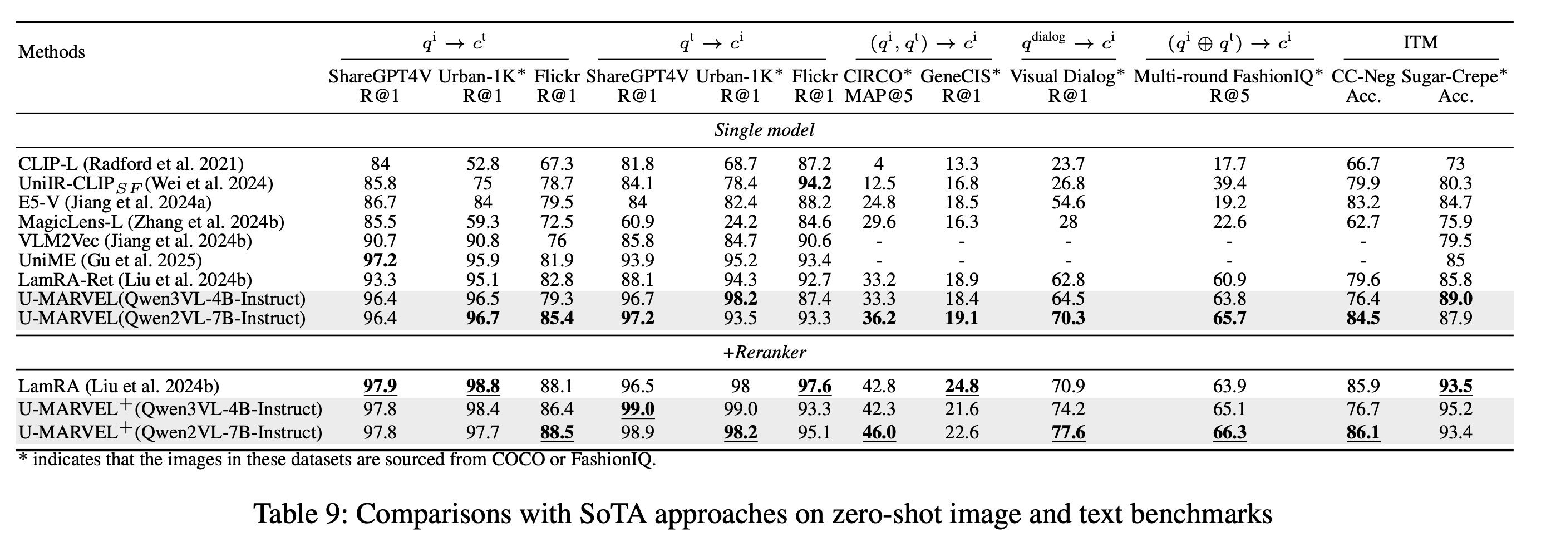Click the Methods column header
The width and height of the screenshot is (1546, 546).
[x=52, y=52]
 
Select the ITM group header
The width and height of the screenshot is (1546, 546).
[x=1421, y=43]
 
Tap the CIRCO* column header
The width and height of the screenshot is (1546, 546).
[x=878, y=77]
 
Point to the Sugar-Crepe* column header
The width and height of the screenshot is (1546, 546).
[x=1455, y=77]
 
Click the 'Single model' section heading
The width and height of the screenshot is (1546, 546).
[x=764, y=130]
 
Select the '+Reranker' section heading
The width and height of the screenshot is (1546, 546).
[x=764, y=353]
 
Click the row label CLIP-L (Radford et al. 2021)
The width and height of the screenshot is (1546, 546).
[x=131, y=164]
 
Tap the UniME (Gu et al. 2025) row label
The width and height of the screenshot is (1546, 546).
[x=110, y=261]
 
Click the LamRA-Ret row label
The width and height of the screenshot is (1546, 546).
[x=135, y=280]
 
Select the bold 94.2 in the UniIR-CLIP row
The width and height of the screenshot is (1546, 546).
[x=814, y=183]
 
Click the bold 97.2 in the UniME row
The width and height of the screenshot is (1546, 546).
[x=380, y=261]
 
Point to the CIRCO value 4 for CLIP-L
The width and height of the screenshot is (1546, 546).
[x=879, y=164]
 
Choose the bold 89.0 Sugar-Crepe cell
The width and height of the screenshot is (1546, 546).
[x=1455, y=299]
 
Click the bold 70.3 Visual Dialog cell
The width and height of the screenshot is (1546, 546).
[x=1068, y=318]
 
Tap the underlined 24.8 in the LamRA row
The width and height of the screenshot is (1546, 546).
[x=962, y=386]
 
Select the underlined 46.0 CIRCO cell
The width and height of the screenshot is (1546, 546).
[x=879, y=432]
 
